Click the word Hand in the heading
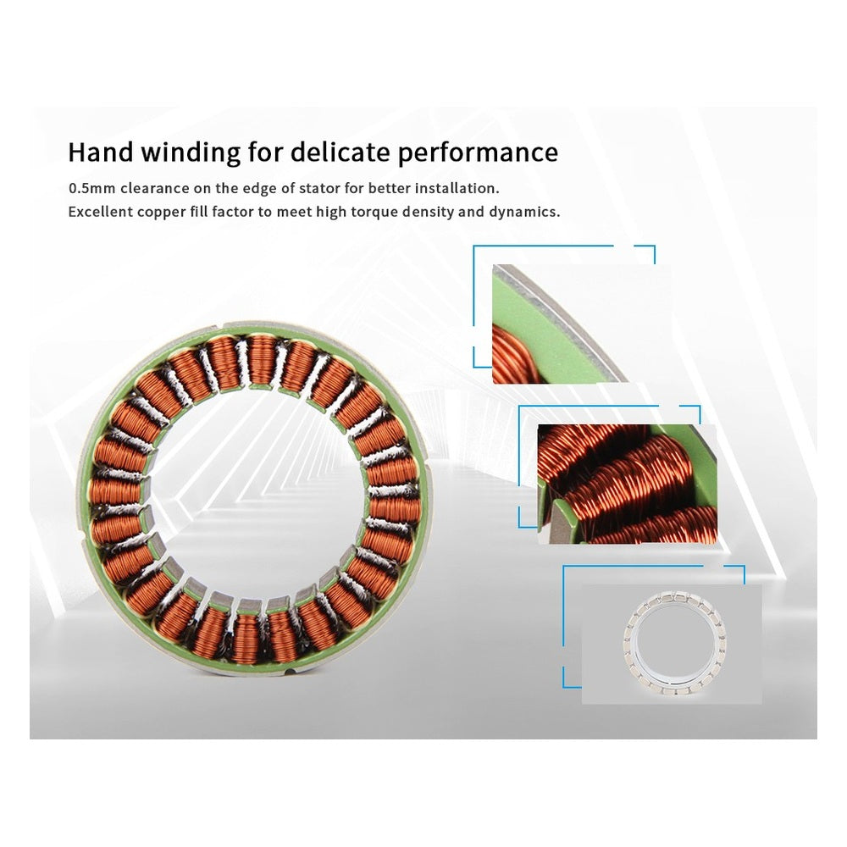coord(101,152)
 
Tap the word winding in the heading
coord(191,152)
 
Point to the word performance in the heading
coord(478,153)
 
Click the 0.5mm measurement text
coord(91,189)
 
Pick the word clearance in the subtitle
coord(155,189)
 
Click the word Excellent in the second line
coord(101,212)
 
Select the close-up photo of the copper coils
coord(627,484)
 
